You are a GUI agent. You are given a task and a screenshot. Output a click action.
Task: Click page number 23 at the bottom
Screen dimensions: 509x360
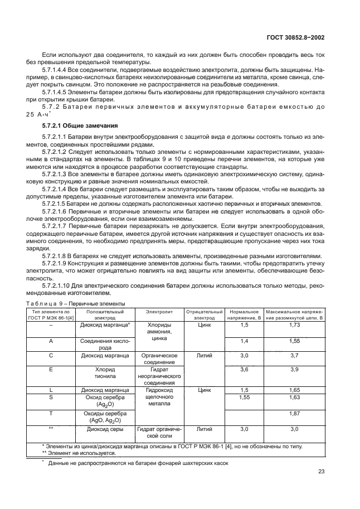coord(321,472)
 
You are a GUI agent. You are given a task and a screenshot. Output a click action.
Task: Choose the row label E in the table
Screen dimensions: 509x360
coord(51,369)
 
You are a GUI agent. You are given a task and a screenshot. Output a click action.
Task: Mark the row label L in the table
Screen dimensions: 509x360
coord(51,390)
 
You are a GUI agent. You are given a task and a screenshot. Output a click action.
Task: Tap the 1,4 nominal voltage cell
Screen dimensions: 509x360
coord(244,340)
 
